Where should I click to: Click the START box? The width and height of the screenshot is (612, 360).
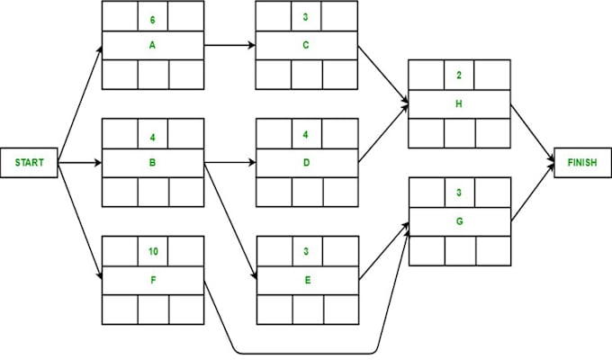click(29, 164)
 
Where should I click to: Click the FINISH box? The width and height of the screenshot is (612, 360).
click(581, 164)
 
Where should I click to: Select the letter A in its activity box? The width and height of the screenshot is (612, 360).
click(153, 45)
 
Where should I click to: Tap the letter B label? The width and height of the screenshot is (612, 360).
click(153, 164)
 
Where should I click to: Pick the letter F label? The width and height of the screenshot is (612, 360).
click(153, 280)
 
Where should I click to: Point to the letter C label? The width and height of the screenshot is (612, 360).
click(307, 45)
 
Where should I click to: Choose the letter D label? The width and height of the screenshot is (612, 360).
click(307, 164)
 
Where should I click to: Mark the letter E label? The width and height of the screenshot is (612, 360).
click(307, 280)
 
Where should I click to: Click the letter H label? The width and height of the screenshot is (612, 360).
click(460, 103)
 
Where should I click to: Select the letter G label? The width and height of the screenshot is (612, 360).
click(460, 221)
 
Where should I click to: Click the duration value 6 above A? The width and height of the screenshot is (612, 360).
click(153, 16)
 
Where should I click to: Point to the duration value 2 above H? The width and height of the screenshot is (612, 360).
click(460, 75)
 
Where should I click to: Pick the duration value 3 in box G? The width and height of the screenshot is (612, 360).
click(460, 193)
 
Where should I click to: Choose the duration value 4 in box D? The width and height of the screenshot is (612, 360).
click(307, 135)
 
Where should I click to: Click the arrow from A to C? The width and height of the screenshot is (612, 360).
click(229, 45)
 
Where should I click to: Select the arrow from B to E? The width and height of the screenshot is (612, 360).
click(230, 221)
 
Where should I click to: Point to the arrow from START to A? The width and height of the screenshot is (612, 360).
click(81, 103)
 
